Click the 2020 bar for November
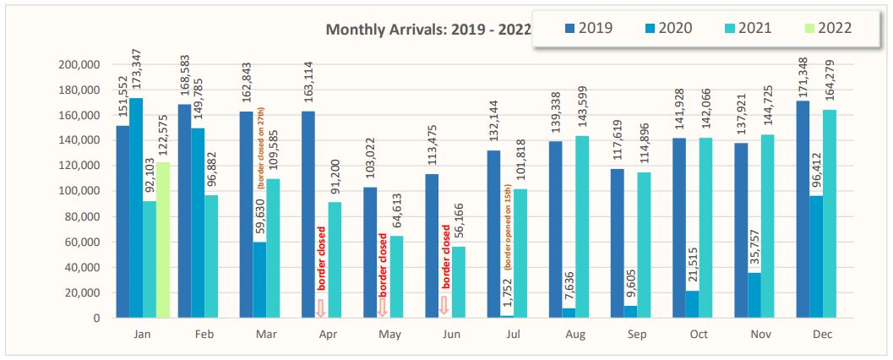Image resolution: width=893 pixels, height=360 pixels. (x=755, y=295)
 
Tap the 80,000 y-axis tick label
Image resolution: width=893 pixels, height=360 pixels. (x=81, y=217)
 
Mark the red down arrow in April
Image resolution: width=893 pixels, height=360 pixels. (x=320, y=308)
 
